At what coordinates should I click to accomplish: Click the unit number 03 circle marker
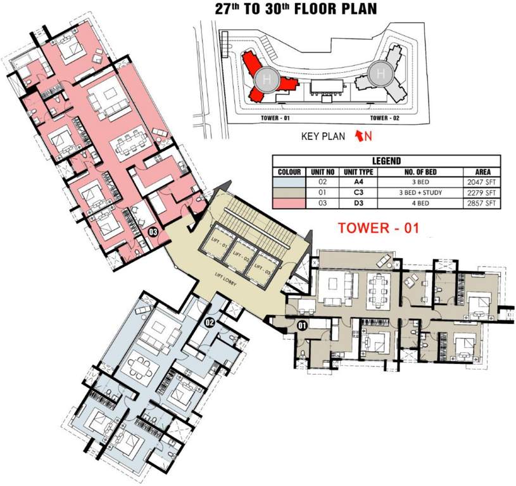click(153, 232)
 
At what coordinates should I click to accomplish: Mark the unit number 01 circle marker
click(303, 327)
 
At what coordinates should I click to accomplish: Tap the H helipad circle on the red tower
click(265, 79)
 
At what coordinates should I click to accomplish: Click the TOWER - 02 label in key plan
click(387, 118)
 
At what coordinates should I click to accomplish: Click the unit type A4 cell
click(358, 182)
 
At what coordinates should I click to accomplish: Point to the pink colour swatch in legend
click(288, 202)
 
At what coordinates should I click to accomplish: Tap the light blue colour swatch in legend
click(288, 182)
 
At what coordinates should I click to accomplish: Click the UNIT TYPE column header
click(358, 172)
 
